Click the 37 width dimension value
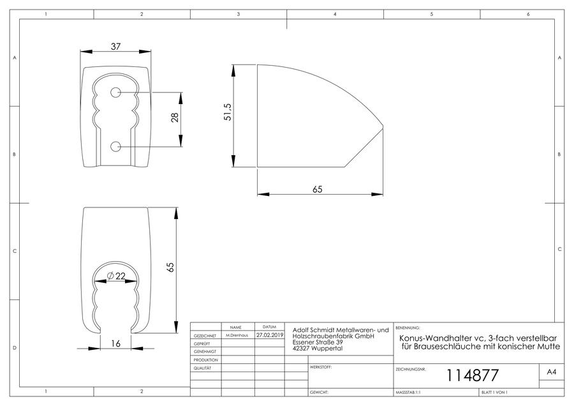pos(115,47)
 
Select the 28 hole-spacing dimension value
pos(175,117)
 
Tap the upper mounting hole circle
pos(115,93)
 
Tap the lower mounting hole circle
pos(115,147)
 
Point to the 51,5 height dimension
pos(228,112)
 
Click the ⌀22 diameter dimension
pos(116,276)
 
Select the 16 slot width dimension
pos(115,343)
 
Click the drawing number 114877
pos(472,375)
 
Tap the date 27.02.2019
pos(270,335)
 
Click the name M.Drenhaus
pos(237,335)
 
